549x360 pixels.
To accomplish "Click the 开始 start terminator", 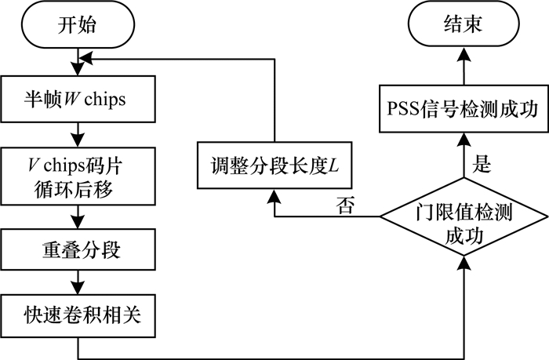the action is coord(78,24).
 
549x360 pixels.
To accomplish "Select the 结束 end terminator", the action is coord(464,24).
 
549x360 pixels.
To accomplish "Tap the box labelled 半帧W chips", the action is coord(78,99).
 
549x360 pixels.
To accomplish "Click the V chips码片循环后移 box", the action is coord(78,176).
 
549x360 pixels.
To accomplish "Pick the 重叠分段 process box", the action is coord(78,249).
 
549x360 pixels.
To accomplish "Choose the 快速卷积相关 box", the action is coord(78,316).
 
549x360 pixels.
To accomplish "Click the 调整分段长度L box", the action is coord(274,165).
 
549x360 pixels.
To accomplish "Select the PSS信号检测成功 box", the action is coord(464,108).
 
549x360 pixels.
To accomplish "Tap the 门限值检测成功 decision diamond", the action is coord(464,216).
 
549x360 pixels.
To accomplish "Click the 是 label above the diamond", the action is coord(482,164).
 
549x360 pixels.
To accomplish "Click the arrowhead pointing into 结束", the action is coord(464,55).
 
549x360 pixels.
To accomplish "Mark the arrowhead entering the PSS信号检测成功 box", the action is coord(464,140).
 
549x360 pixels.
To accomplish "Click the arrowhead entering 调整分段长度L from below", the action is coord(274,197).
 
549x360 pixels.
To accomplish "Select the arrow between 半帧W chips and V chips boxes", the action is coord(78,135).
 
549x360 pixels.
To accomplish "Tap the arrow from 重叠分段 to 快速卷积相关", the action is coord(78,282).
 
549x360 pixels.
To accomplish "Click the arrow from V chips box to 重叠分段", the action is coord(78,217).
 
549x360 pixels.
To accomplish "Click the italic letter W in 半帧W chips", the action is coord(72,99).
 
